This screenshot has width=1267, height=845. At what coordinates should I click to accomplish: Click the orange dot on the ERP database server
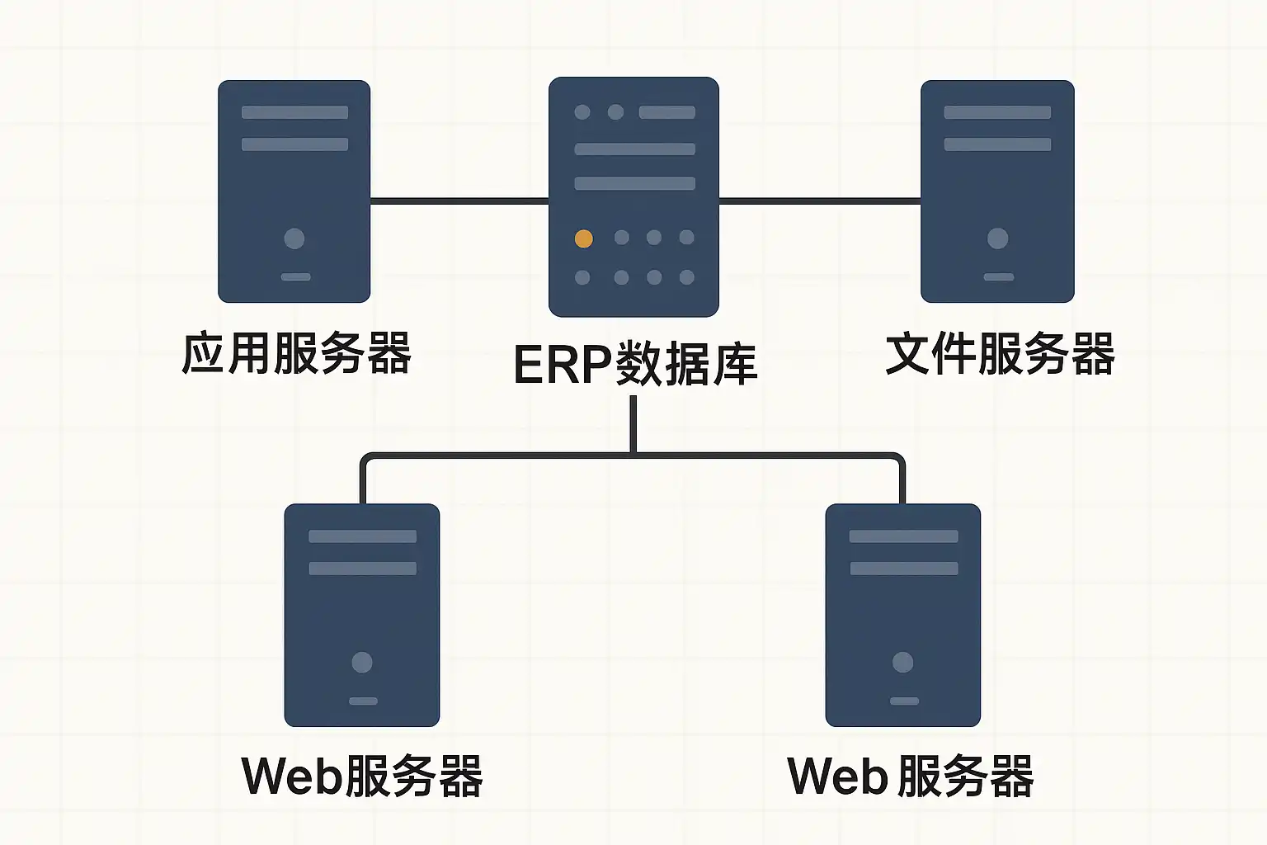(583, 239)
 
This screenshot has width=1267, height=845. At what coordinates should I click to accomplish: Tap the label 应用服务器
(296, 354)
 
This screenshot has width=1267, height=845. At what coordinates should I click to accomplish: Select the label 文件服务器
(1000, 354)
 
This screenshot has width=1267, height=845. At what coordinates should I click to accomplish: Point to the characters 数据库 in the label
(685, 364)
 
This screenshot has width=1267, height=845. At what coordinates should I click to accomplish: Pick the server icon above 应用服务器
(294, 191)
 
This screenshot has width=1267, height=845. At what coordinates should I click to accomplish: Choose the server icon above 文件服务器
(997, 191)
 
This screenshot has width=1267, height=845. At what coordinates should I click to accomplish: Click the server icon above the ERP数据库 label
(633, 196)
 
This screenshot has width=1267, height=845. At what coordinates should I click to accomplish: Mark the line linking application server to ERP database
(459, 201)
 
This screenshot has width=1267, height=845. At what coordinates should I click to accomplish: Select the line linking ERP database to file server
(820, 201)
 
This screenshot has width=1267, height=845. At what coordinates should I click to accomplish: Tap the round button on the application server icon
(294, 238)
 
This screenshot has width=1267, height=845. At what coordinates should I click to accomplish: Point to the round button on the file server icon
(997, 238)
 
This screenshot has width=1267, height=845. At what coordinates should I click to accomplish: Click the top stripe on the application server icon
(294, 112)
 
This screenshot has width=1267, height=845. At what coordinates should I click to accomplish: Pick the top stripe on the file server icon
(997, 112)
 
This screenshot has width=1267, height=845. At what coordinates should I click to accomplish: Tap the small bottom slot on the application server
(295, 277)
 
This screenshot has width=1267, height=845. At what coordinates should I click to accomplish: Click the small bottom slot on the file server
(998, 277)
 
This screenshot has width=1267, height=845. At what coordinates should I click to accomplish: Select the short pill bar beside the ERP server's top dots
(666, 112)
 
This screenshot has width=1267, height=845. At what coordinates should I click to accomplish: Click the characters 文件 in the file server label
(930, 354)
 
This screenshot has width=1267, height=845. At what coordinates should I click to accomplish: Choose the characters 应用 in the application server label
(226, 354)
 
